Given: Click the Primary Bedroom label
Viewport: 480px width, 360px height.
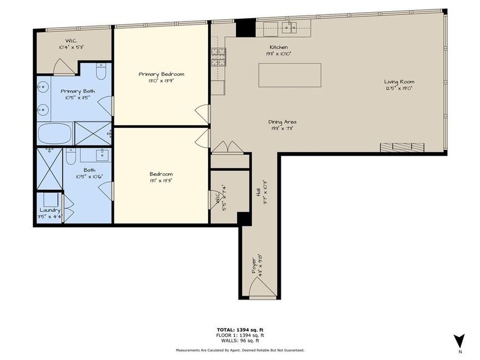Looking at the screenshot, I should pyautogui.click(x=161, y=74).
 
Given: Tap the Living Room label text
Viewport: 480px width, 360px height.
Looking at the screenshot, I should pyautogui.click(x=399, y=82).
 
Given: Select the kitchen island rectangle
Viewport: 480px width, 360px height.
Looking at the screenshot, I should pyautogui.click(x=290, y=75).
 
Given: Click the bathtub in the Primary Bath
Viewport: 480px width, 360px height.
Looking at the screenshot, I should pyautogui.click(x=54, y=133).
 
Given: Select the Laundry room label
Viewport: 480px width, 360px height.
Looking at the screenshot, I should pyautogui.click(x=50, y=210).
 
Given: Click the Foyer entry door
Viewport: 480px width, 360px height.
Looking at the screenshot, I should pyautogui.click(x=263, y=289).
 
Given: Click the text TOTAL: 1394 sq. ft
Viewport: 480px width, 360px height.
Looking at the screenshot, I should pyautogui.click(x=239, y=330).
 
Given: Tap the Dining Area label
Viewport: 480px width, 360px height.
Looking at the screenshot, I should pyautogui.click(x=282, y=122).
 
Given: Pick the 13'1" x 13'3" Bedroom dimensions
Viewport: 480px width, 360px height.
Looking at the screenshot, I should pyautogui.click(x=161, y=180).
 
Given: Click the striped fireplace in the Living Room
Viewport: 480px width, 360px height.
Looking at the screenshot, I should pyautogui.click(x=402, y=147).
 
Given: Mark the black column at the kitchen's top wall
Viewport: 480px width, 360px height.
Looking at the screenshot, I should pyautogui.click(x=245, y=28).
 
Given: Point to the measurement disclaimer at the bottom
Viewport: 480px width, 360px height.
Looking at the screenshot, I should pyautogui.click(x=239, y=350).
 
